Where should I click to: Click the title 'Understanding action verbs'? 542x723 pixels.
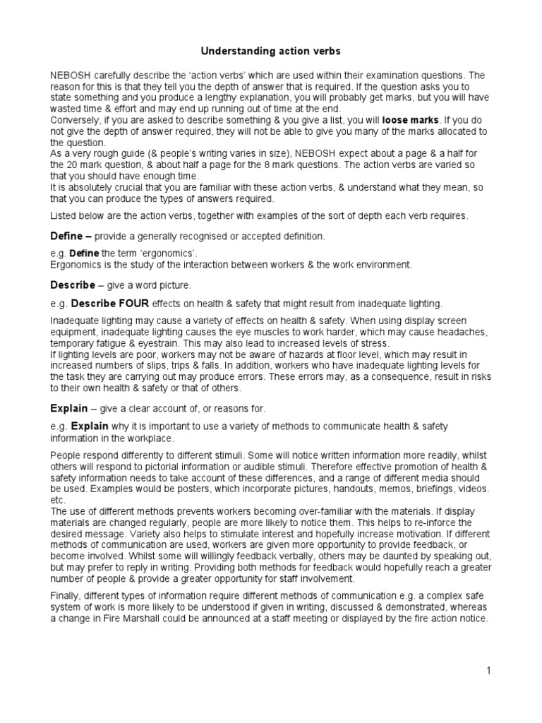click(272, 52)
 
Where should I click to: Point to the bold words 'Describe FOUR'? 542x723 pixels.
click(106, 304)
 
